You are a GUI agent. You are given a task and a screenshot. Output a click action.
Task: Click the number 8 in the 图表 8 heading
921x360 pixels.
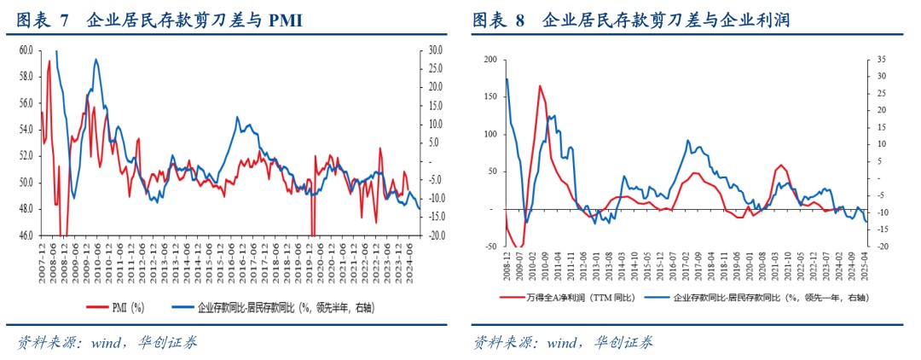(x=520, y=21)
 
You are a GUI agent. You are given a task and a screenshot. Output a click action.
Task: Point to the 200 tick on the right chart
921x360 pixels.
(x=489, y=59)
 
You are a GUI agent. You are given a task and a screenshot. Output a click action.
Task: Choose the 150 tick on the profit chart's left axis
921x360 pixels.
(x=489, y=96)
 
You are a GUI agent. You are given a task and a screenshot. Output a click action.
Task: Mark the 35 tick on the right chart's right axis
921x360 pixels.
(x=882, y=59)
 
